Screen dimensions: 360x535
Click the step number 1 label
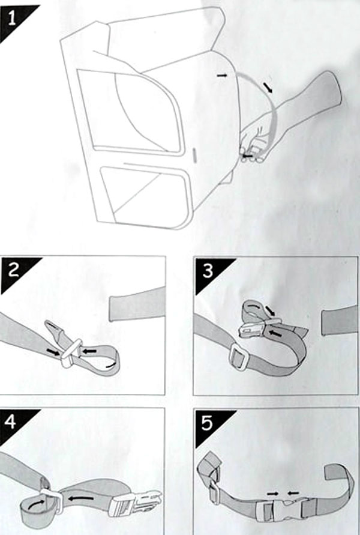(11, 19)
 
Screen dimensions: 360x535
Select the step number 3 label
(208, 271)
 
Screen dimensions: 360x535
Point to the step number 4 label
(11, 422)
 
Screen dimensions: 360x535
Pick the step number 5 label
(207, 423)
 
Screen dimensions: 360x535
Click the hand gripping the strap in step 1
(254, 143)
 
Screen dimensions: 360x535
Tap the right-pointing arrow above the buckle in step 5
(273, 493)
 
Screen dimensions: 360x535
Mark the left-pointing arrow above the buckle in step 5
(293, 493)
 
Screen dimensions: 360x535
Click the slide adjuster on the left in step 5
(214, 492)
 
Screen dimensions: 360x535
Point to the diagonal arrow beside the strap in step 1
(268, 87)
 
